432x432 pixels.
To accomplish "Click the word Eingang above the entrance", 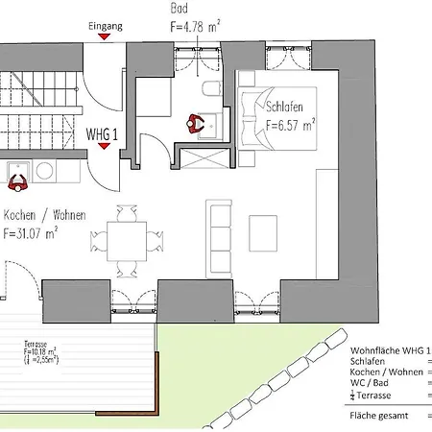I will (x=106, y=26).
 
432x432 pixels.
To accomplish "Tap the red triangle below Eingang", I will (x=114, y=38).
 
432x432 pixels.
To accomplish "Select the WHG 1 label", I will (x=102, y=135).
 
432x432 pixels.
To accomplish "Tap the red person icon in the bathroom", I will (x=197, y=123).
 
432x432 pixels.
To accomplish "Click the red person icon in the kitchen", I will (x=16, y=178).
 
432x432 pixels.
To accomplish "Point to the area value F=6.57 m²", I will (x=291, y=125).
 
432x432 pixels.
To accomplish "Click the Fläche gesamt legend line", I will (x=380, y=417).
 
